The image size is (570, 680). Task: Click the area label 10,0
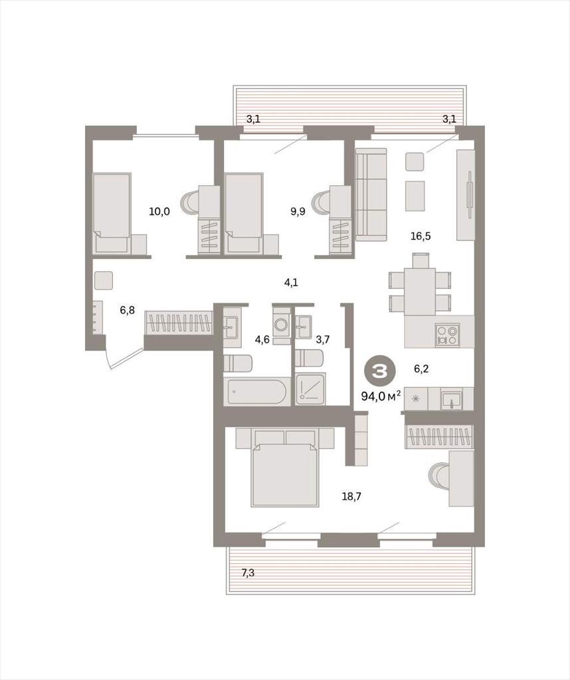(159, 212)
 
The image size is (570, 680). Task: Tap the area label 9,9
(298, 212)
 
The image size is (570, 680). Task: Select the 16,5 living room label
(421, 236)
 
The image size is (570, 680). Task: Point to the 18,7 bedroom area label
(351, 497)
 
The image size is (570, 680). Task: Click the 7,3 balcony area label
(248, 573)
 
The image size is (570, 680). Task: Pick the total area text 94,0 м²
(381, 396)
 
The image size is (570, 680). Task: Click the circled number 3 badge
(381, 371)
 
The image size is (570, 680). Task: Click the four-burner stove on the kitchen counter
(448, 335)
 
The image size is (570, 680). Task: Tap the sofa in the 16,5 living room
(371, 195)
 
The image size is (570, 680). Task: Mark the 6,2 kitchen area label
(421, 369)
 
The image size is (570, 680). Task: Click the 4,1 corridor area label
(291, 283)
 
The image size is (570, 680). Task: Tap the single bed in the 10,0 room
(112, 213)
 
